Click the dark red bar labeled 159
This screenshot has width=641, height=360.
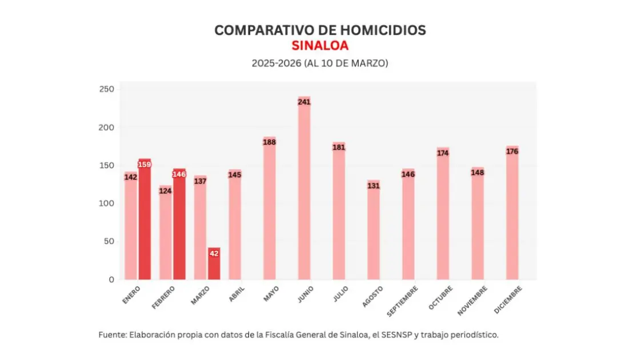(145, 223)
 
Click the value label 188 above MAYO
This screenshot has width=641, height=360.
(269, 142)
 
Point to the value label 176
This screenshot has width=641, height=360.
(512, 151)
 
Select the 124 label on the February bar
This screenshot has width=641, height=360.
(166, 191)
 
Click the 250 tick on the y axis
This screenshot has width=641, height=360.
(107, 89)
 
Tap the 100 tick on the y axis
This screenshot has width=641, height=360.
(107, 203)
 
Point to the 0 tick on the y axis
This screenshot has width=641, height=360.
(111, 279)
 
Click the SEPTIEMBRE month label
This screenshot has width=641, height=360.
(403, 301)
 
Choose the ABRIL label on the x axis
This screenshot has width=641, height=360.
(236, 294)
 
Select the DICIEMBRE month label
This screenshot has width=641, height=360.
(507, 300)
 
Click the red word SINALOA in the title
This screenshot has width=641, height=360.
(320, 46)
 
